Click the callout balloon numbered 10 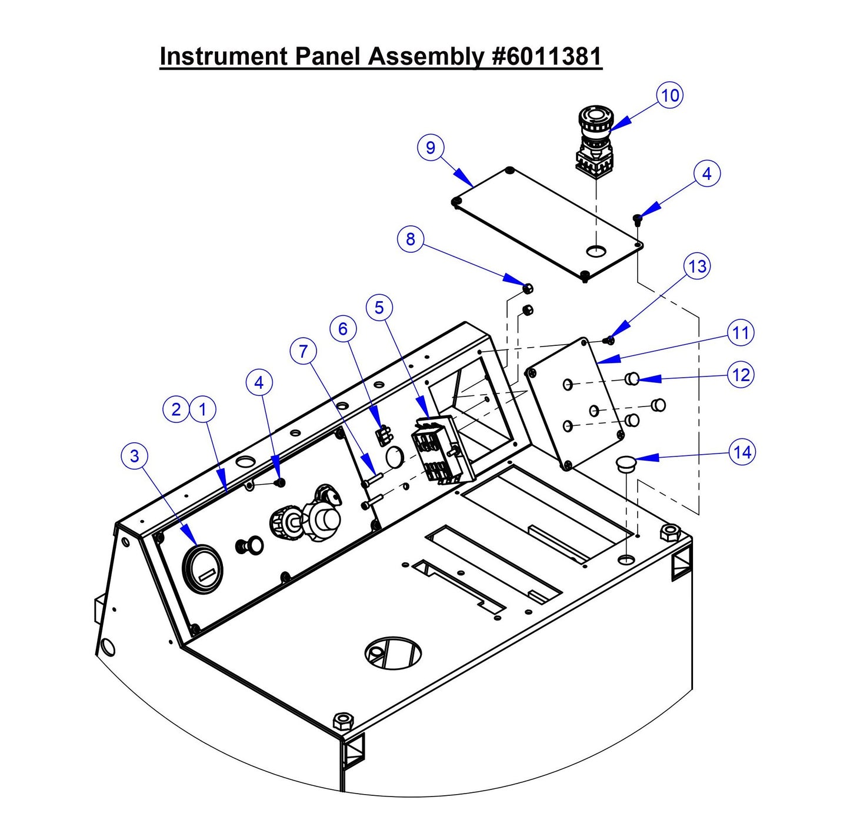[x=670, y=95]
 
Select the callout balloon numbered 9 [x=431, y=147]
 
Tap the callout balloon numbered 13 [x=697, y=266]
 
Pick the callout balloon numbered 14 [x=742, y=452]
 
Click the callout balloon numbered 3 [x=135, y=456]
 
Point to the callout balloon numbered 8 [x=410, y=239]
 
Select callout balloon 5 [x=379, y=308]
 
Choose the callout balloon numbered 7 [x=304, y=352]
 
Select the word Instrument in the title [x=223, y=56]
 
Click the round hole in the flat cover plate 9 [x=596, y=251]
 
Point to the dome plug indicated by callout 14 [x=626, y=464]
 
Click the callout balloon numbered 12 [x=741, y=375]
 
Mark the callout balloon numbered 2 [x=176, y=409]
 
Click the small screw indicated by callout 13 [x=609, y=339]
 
